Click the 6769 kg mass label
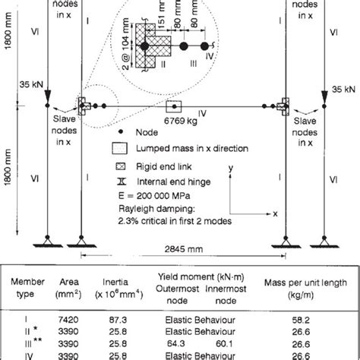181,121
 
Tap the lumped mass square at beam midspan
174,106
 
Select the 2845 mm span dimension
184,249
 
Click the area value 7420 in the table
68,320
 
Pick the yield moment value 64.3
176,343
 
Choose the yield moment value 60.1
224,343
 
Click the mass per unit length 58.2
301,321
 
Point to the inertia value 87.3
118,320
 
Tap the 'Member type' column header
27,288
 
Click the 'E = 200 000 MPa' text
154,196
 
